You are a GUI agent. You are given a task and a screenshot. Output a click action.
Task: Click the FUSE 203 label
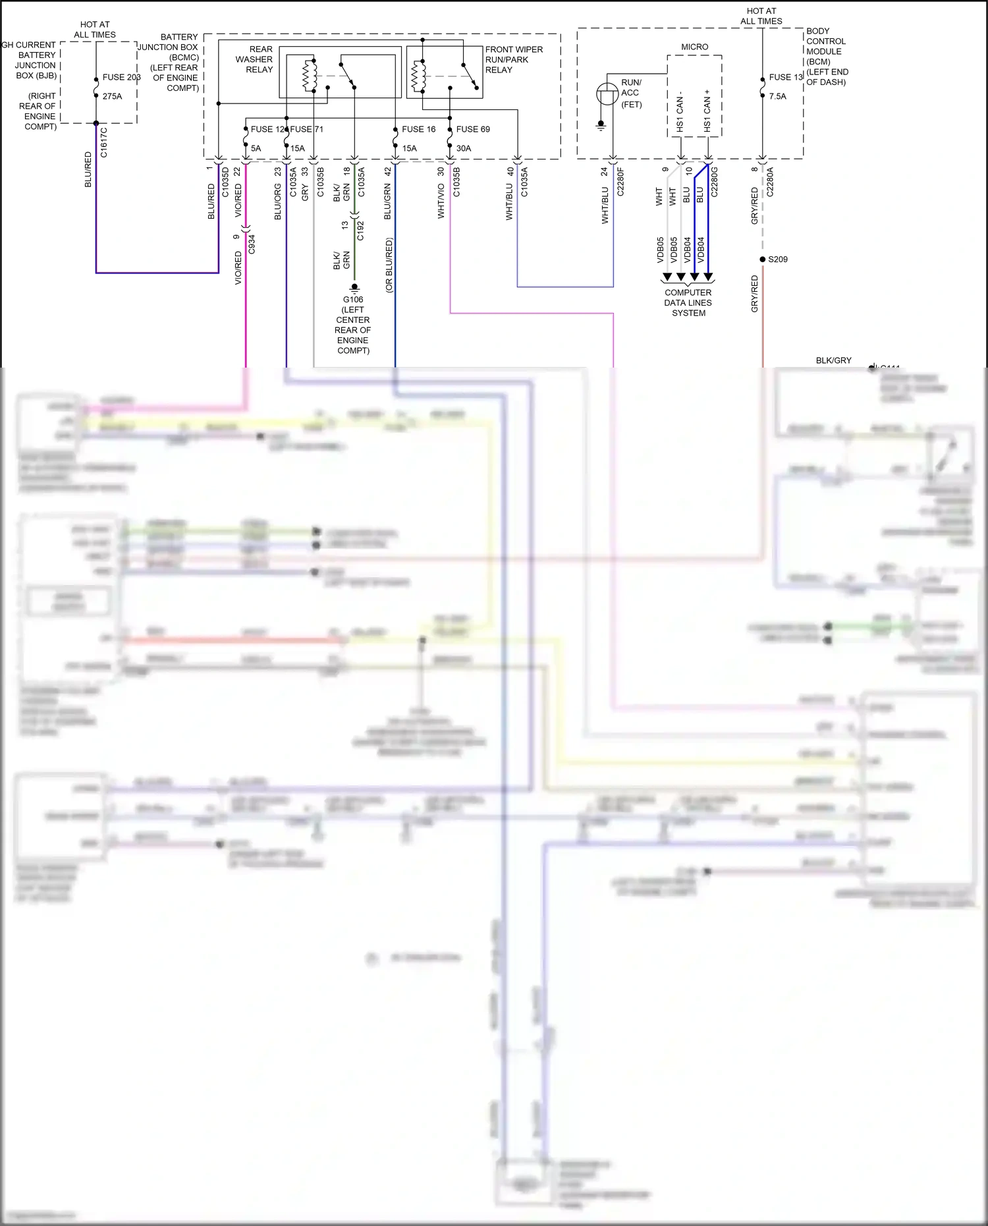pyautogui.click(x=121, y=77)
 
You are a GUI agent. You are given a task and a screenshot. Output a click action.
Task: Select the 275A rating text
pyautogui.click(x=112, y=96)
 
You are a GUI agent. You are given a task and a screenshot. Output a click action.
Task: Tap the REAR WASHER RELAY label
pyautogui.click(x=255, y=59)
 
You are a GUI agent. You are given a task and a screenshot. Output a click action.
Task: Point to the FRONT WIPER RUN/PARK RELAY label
pyautogui.click(x=513, y=59)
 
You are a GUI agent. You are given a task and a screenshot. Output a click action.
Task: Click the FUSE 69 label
pyautogui.click(x=473, y=129)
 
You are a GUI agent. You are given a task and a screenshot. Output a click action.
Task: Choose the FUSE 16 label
pyautogui.click(x=418, y=129)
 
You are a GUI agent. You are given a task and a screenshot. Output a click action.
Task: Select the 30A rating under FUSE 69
pyautogui.click(x=464, y=148)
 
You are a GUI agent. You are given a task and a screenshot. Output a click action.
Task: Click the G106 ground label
pyautogui.click(x=353, y=300)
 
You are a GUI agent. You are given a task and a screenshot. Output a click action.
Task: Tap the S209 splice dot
pyautogui.click(x=763, y=259)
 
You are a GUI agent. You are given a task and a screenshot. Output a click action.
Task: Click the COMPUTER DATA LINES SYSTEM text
pyautogui.click(x=688, y=302)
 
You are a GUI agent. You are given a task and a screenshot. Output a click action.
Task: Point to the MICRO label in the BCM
pyautogui.click(x=694, y=47)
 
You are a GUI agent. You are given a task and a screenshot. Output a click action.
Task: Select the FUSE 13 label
pyautogui.click(x=785, y=77)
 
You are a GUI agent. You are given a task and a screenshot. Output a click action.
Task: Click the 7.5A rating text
pyautogui.click(x=777, y=96)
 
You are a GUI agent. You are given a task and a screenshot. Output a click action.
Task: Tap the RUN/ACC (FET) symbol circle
pyautogui.click(x=607, y=94)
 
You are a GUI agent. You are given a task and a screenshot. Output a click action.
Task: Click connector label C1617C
pyautogui.click(x=104, y=143)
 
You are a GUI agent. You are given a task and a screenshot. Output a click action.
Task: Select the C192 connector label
pyautogui.click(x=360, y=230)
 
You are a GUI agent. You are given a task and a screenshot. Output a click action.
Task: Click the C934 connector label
pyautogui.click(x=252, y=244)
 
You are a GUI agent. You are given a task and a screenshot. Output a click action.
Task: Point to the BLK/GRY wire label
pyautogui.click(x=833, y=360)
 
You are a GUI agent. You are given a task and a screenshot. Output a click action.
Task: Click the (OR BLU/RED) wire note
pyautogui.click(x=389, y=265)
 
